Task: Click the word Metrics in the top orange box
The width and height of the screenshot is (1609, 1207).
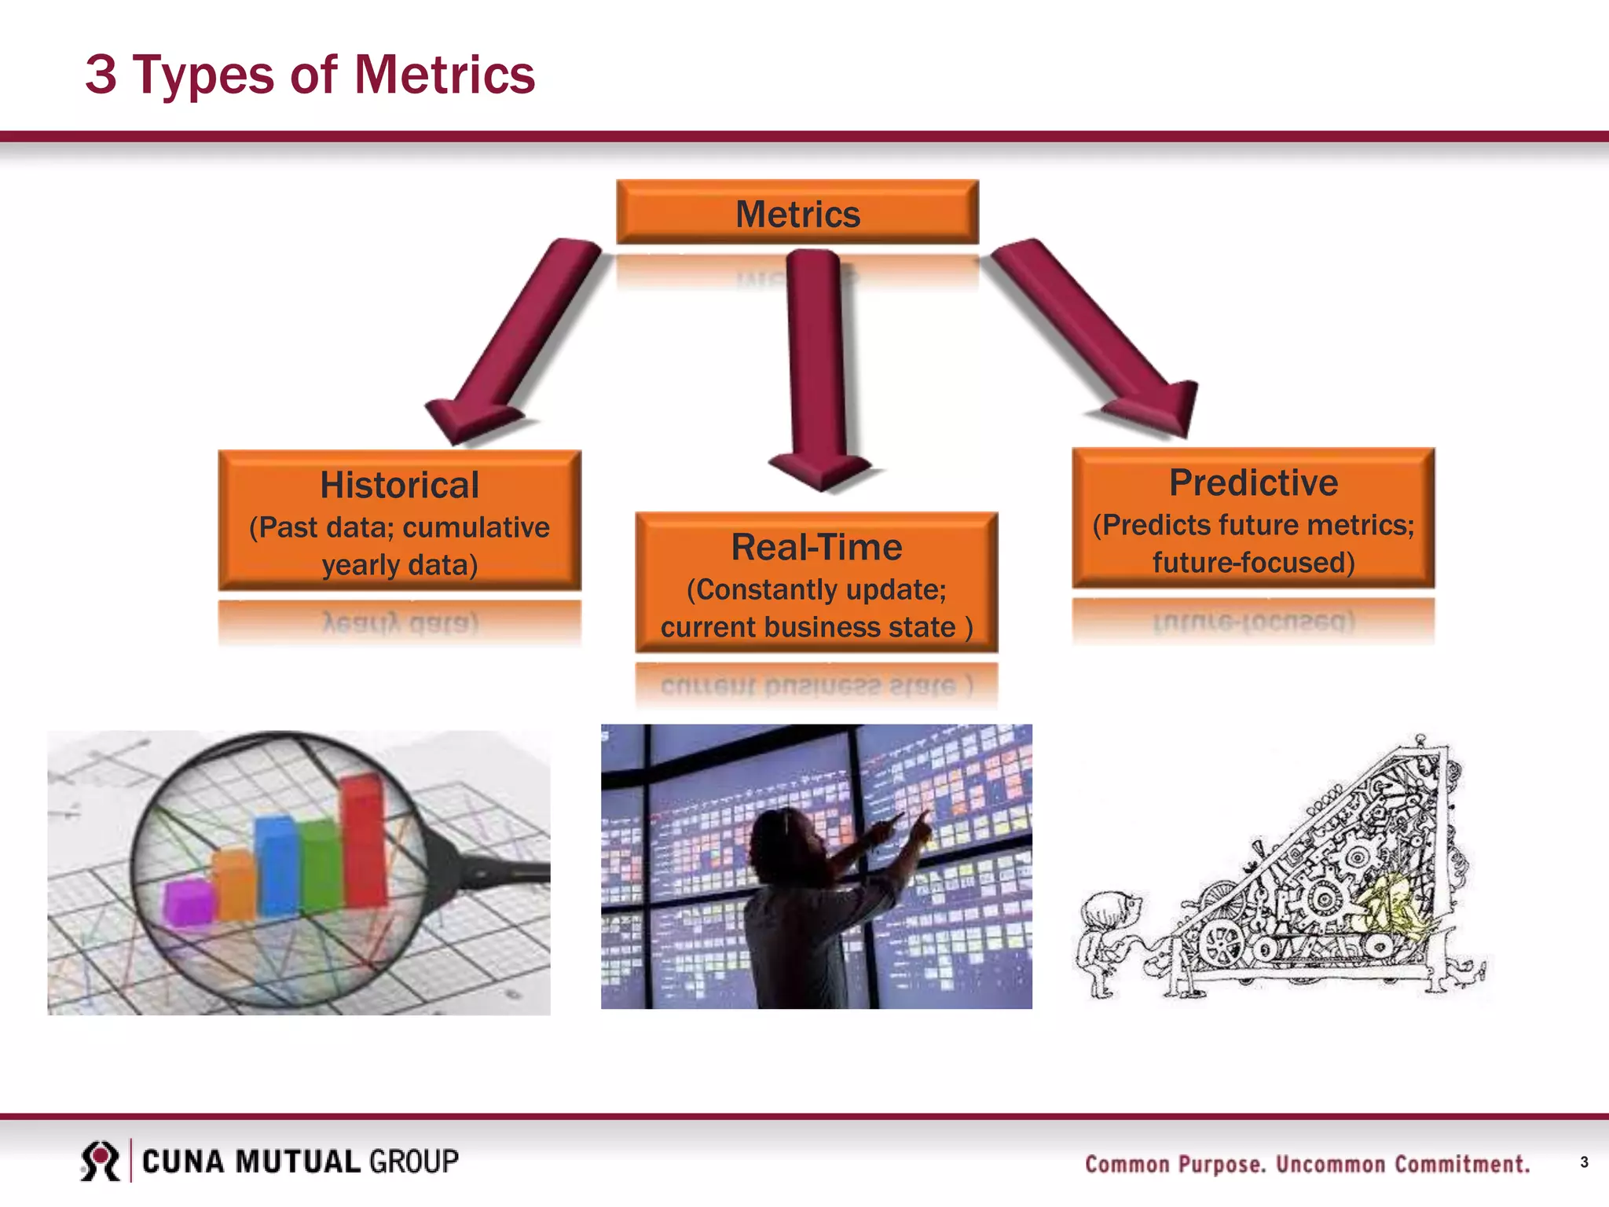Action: click(x=797, y=215)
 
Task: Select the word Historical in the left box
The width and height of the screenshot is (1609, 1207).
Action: click(x=399, y=485)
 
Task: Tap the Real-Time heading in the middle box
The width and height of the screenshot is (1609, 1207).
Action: click(x=816, y=547)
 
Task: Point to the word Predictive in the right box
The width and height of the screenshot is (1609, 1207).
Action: click(x=1253, y=482)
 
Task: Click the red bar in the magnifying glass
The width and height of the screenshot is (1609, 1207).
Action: click(x=363, y=841)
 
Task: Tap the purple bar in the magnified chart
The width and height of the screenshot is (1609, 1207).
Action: click(x=189, y=902)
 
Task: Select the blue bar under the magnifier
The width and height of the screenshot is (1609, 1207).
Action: click(x=277, y=864)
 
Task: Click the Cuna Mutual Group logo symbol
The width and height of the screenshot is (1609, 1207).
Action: click(x=100, y=1161)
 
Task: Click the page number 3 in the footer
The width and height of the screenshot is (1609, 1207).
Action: click(x=1584, y=1162)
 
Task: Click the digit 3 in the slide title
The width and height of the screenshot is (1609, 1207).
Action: click(x=101, y=75)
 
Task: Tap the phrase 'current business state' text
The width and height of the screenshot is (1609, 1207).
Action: click(x=808, y=627)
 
